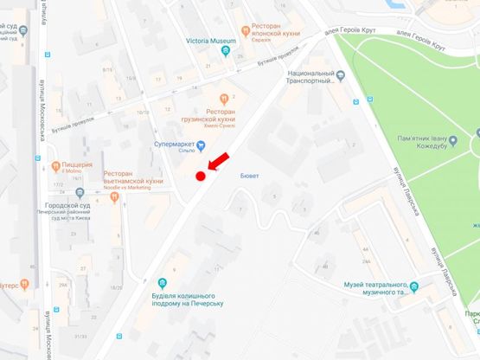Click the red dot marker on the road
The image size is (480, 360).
[200, 177]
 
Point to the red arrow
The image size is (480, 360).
[218, 161]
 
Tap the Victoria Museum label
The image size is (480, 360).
[211, 41]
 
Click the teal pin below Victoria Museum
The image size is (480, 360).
[226, 51]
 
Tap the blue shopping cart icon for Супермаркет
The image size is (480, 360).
[201, 145]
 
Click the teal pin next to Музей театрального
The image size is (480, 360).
[413, 288]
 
